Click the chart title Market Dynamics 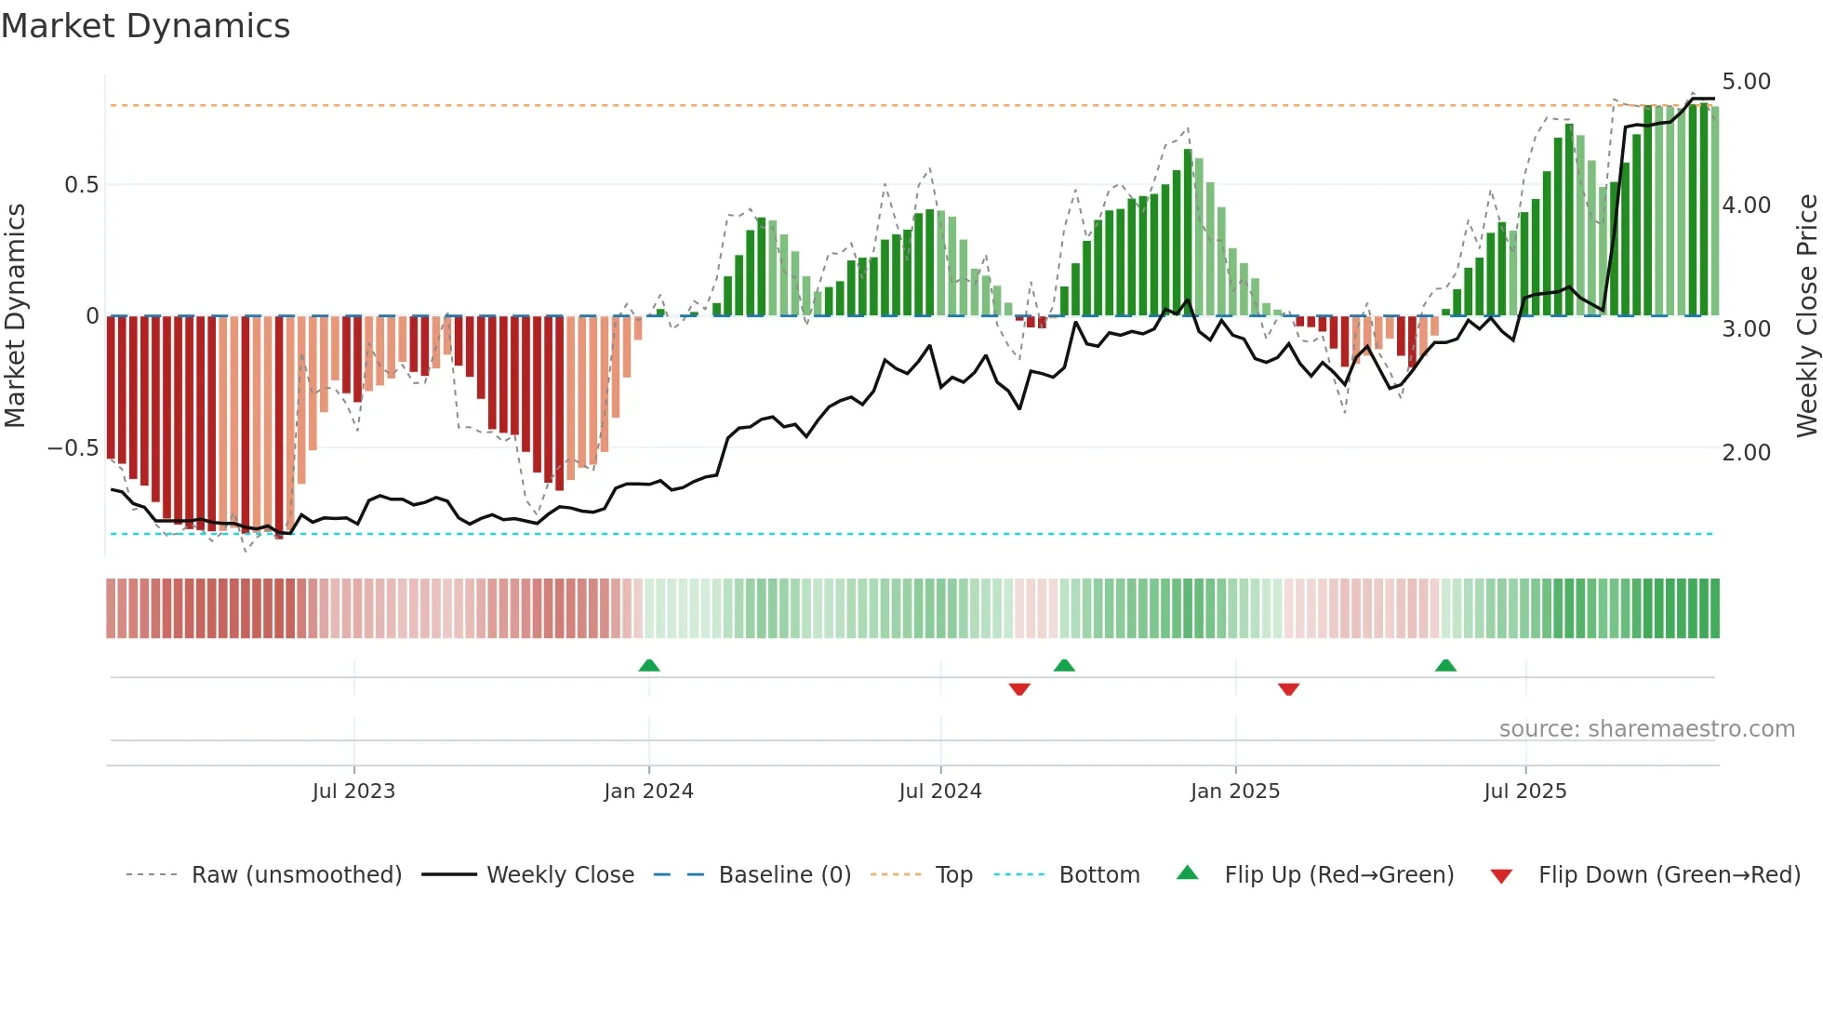tap(145, 26)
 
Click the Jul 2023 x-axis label tap(353, 792)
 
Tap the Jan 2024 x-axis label tap(648, 792)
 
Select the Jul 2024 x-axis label tap(940, 792)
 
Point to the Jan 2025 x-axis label tap(1235, 792)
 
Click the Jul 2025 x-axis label tap(1525, 792)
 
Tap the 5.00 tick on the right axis tap(1746, 82)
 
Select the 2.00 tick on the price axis tap(1746, 453)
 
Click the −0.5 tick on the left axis tap(73, 448)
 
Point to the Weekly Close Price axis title tap(1806, 316)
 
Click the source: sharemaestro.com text tap(1646, 729)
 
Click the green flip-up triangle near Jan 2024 tap(649, 666)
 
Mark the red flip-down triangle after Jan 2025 tap(1288, 689)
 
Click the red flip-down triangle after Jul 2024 tap(1019, 689)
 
